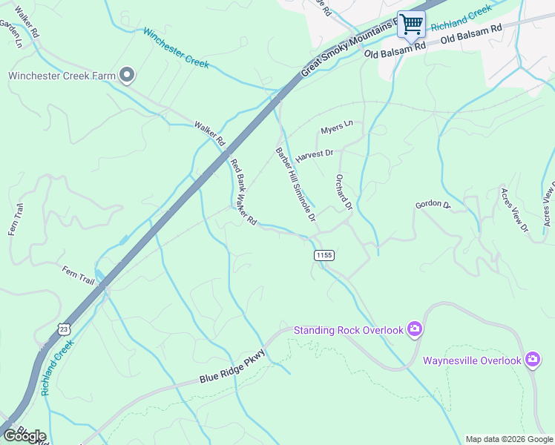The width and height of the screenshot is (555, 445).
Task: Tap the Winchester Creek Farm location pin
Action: [127, 75]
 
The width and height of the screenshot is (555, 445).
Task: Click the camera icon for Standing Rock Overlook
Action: [415, 329]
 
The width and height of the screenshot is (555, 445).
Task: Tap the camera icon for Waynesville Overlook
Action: [532, 360]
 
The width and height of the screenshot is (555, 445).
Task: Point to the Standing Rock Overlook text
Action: [348, 330]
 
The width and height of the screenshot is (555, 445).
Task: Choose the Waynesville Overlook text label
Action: [472, 360]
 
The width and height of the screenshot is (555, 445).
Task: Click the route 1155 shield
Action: [324, 255]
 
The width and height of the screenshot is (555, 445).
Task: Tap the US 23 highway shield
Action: [65, 327]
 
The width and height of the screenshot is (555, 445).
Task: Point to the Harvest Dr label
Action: [315, 156]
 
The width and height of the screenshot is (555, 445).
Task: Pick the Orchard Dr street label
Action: [341, 192]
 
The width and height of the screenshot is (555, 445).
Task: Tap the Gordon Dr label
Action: [433, 204]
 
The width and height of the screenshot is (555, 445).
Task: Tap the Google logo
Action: [24, 436]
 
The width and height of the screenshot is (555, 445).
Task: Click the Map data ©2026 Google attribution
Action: [509, 439]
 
